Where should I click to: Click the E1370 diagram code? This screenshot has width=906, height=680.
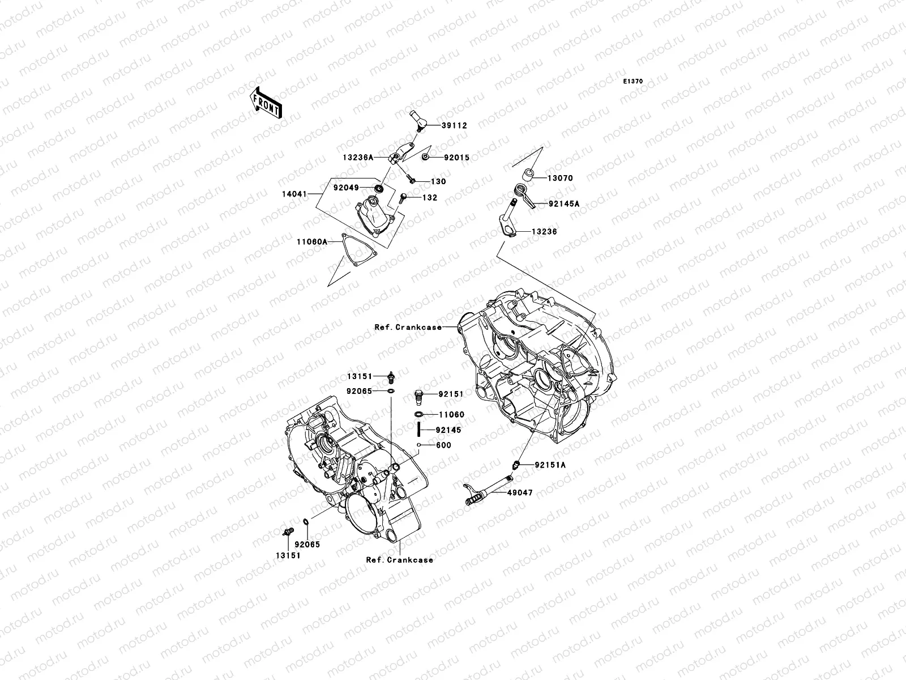tap(633, 82)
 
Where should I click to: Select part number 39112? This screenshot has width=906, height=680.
tap(455, 126)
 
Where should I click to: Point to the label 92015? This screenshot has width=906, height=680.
tap(456, 158)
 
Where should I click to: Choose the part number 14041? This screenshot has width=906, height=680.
tap(294, 194)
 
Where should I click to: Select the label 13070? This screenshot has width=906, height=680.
tap(559, 178)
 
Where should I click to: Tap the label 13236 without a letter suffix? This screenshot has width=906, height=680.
tap(544, 232)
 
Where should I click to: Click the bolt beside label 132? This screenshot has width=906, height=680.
tap(403, 198)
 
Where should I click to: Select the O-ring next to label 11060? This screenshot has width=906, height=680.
tap(420, 415)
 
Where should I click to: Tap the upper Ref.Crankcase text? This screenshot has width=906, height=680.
tap(408, 327)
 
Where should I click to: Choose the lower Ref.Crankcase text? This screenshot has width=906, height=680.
tap(399, 560)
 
